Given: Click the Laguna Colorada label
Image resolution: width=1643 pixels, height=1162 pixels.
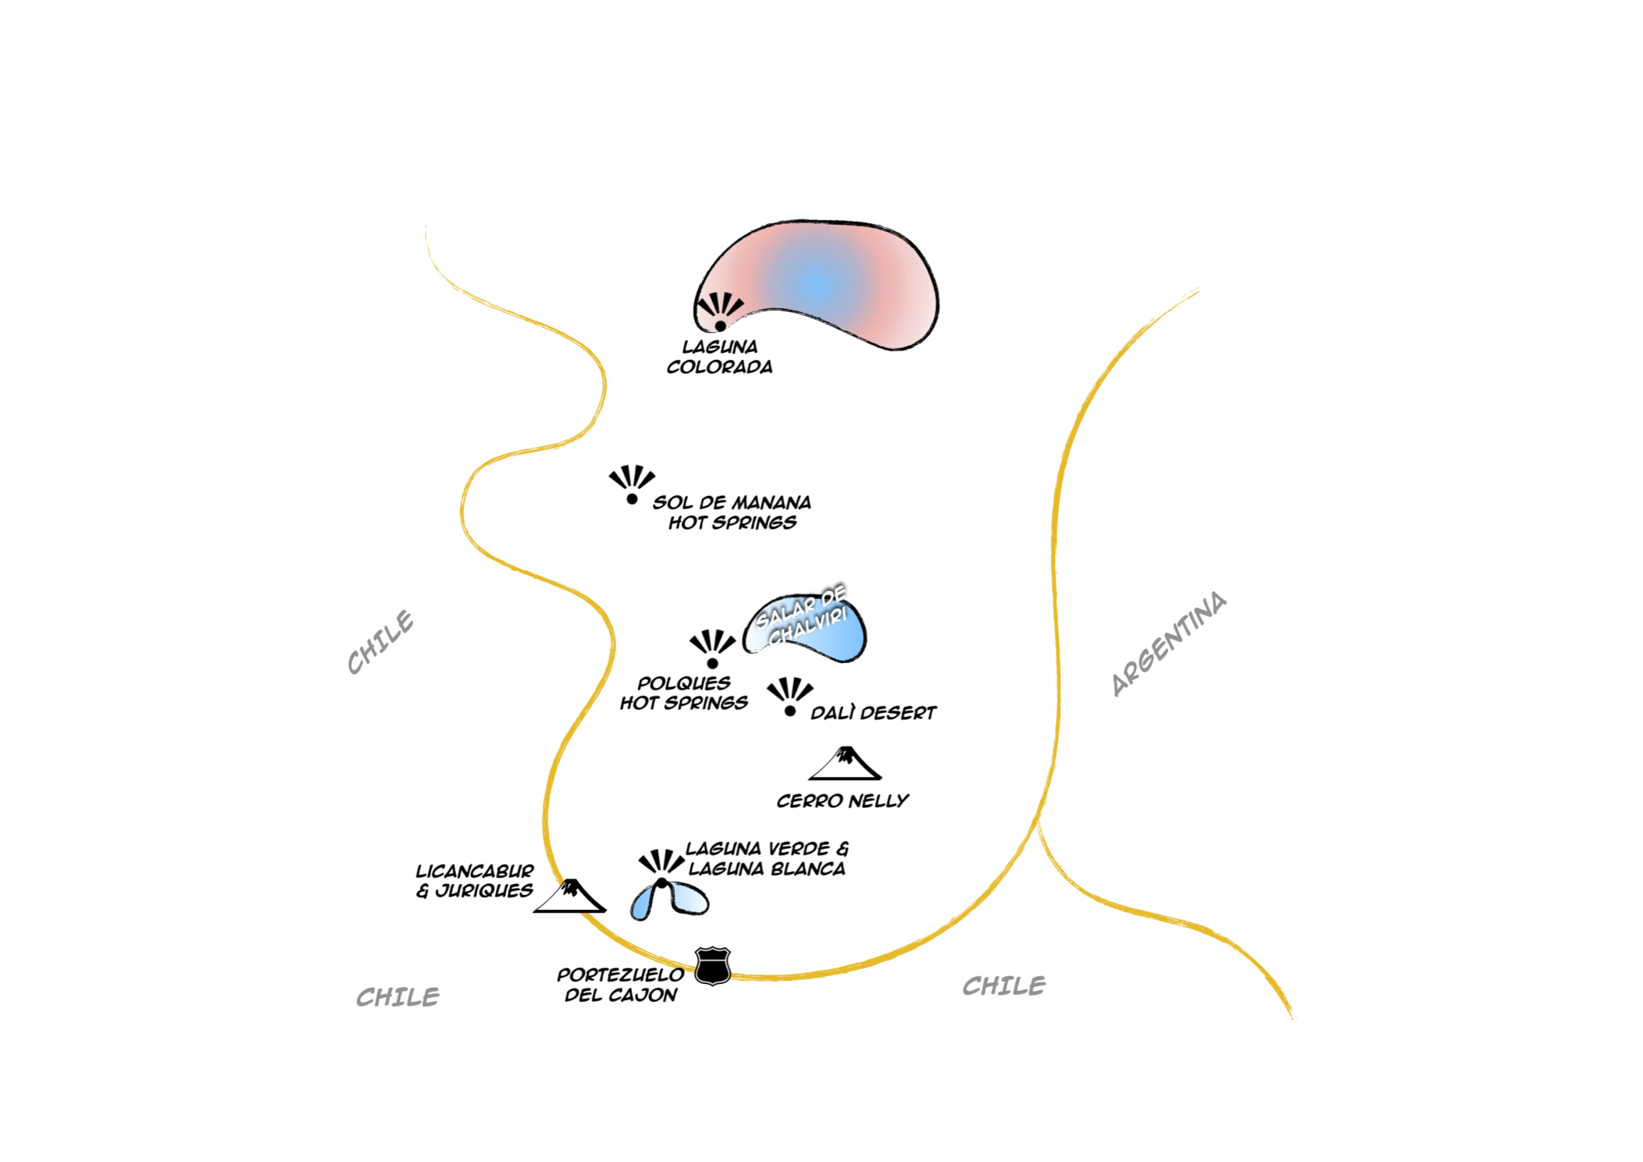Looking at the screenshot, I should point(719,357).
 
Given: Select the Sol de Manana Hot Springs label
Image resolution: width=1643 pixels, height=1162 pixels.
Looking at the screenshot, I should point(732,512).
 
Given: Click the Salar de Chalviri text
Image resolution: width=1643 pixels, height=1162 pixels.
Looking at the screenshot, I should point(802,616).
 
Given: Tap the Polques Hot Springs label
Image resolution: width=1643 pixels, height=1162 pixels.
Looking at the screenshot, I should point(683,693).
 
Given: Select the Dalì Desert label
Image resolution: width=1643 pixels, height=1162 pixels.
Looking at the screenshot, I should point(873,713).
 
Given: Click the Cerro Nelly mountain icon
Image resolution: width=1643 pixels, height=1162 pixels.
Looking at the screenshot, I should point(845,765).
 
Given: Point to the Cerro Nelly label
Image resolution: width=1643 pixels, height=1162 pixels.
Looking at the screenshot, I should point(843,801).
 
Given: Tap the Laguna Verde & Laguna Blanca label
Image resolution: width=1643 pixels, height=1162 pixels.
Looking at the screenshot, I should point(767,859).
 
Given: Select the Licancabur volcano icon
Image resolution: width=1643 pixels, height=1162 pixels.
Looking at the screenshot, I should point(570,896).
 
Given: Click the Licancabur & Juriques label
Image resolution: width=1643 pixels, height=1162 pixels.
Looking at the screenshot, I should point(475,881).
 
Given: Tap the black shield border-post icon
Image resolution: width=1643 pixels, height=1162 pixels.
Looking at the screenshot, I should point(712,966).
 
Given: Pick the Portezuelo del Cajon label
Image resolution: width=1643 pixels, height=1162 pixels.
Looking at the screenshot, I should point(621,985).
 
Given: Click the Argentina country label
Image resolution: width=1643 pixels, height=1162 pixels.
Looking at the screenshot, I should point(1168,643).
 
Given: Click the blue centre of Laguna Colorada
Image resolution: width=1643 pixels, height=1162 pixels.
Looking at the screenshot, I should point(818,284).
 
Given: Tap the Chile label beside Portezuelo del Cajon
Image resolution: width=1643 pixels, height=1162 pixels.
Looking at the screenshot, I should point(397,997).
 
